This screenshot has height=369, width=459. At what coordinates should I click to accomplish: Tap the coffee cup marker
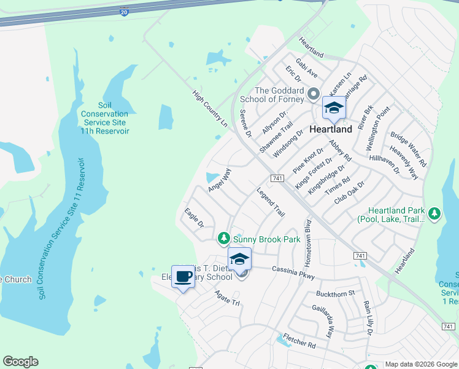(183, 277)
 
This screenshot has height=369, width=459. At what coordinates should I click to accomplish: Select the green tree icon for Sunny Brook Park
(224, 237)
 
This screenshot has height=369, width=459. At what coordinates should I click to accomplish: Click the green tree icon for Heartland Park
(434, 214)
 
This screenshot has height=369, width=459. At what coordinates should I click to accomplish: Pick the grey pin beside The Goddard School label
(314, 95)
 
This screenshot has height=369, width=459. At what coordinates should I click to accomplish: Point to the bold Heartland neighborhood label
(331, 130)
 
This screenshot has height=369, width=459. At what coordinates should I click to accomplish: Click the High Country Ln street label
(210, 109)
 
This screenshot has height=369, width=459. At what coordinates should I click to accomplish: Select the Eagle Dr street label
(194, 218)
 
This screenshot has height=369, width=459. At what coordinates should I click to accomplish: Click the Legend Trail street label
(271, 202)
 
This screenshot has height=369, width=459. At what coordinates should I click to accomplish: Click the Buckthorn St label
(335, 293)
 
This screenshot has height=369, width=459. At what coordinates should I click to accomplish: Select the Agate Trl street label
(226, 298)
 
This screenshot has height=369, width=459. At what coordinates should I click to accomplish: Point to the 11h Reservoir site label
(106, 118)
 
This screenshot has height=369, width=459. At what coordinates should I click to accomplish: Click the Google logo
(21, 362)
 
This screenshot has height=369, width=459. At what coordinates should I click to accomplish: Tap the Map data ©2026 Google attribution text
(421, 364)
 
